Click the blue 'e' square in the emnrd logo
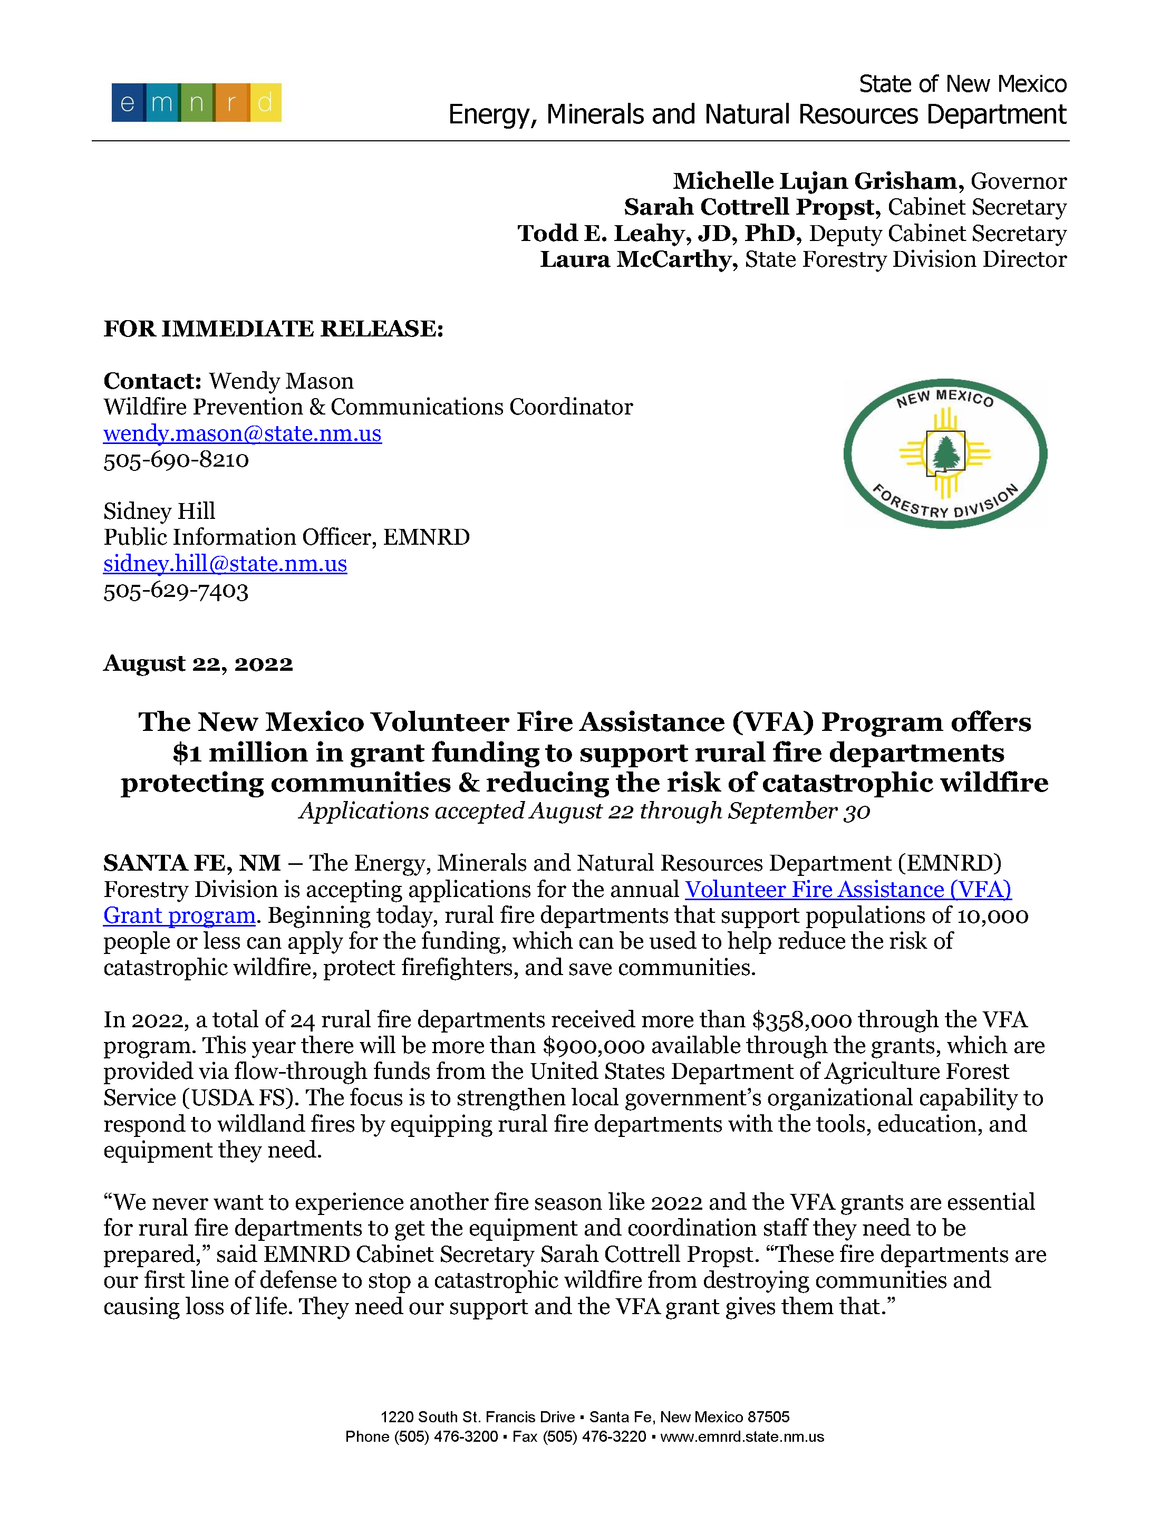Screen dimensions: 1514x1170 coord(128,103)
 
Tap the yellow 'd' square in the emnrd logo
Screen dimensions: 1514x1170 coord(265,103)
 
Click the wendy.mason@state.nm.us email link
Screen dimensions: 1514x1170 coord(242,433)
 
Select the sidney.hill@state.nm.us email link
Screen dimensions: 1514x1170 coord(225,564)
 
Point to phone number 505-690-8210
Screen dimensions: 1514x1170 coord(176,460)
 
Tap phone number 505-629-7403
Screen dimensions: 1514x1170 coord(176,591)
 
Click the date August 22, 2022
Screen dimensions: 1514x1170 coord(198,663)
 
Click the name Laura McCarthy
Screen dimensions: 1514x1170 coord(639,259)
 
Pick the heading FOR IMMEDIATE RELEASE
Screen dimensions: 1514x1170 coord(273,329)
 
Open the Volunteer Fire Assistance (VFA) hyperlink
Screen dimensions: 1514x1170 coord(848,890)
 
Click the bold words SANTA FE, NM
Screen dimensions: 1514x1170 coord(192,863)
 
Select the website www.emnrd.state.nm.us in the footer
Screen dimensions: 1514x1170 coord(742,1437)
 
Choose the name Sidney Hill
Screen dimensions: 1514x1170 coord(159,512)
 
